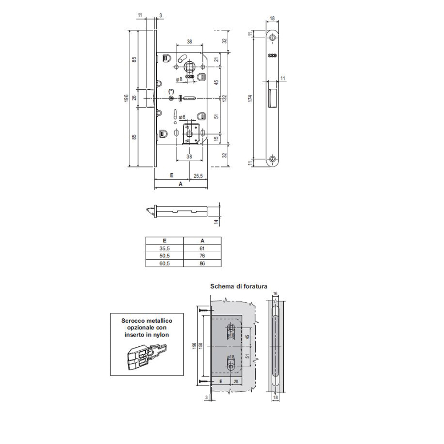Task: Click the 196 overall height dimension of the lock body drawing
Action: [127, 98]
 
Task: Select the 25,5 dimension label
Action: [198, 176]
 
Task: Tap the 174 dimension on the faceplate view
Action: [250, 98]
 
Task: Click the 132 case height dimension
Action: [225, 98]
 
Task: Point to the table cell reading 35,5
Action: [165, 248]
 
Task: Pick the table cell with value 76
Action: [202, 256]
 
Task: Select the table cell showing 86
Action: [202, 263]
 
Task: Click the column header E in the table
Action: [165, 241]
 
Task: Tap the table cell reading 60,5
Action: [165, 263]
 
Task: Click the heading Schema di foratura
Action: [239, 286]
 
